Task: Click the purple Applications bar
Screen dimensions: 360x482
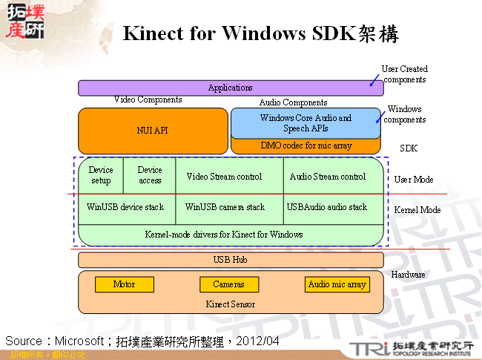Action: point(231,88)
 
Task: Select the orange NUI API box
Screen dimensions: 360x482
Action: point(153,131)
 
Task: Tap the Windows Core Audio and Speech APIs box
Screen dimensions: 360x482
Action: point(306,123)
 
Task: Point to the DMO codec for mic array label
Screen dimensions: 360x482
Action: point(306,146)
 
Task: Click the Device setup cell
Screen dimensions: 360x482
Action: point(101,175)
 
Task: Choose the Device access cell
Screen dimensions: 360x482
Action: point(150,175)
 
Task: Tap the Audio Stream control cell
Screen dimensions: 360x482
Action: point(328,177)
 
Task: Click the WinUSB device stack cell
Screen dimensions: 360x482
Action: point(125,207)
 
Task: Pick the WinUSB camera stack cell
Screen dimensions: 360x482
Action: point(225,207)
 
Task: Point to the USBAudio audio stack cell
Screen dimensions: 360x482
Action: point(327,207)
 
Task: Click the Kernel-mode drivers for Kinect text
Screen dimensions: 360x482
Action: point(224,235)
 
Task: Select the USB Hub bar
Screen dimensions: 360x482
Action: point(231,260)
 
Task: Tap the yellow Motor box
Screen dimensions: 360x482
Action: point(124,284)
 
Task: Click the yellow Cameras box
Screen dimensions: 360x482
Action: point(228,284)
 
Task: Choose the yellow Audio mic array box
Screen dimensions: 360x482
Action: point(337,284)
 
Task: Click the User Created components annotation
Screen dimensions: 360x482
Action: point(404,74)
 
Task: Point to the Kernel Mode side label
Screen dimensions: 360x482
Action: point(417,210)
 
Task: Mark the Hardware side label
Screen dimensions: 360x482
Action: point(408,275)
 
